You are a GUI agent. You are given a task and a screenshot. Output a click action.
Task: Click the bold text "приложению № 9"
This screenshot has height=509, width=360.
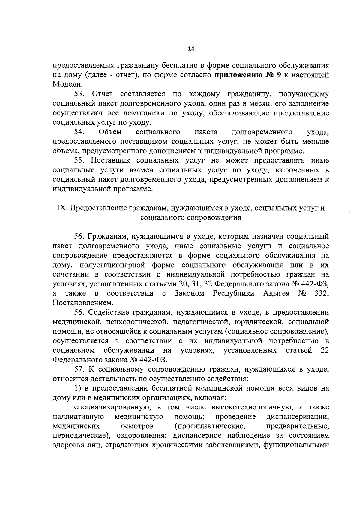248,75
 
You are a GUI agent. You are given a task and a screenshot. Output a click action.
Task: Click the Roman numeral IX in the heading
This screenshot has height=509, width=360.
61,208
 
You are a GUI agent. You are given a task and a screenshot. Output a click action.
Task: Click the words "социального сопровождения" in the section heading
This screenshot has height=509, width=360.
191,218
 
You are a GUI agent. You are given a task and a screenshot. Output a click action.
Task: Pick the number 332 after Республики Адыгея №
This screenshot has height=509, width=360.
321,293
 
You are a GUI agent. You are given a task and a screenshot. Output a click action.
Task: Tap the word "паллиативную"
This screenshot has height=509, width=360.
78,417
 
